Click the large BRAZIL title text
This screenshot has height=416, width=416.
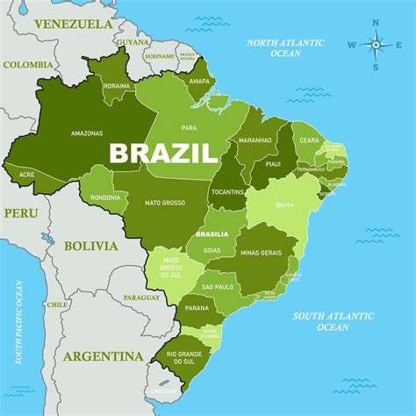click(x=163, y=154)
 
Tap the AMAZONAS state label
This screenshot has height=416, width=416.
click(x=88, y=133)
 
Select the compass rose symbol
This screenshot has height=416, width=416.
click(x=375, y=44)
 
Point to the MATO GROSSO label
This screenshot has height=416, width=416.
click(x=165, y=203)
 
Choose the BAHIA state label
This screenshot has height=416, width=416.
click(x=284, y=205)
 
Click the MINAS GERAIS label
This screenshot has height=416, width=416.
click(x=260, y=253)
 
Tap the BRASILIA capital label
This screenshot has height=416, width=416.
click(x=212, y=233)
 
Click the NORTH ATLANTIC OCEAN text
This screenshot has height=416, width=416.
click(x=285, y=47)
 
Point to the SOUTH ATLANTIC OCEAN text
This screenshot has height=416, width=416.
click(x=333, y=321)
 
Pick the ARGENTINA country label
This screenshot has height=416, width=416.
click(x=103, y=356)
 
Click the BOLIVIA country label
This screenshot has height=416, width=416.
click(x=91, y=246)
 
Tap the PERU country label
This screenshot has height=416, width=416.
click(x=20, y=212)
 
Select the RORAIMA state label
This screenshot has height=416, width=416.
click(x=116, y=87)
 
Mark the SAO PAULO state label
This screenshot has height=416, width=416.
click(x=219, y=287)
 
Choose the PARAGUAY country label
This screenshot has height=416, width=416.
click(x=142, y=298)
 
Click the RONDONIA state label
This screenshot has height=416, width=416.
click(x=105, y=197)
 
